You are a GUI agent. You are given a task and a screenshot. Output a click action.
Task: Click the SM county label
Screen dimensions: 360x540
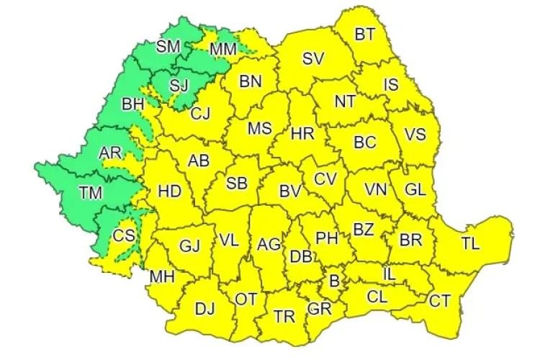(168, 47)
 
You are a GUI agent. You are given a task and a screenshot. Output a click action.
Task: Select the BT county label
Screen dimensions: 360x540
(365, 34)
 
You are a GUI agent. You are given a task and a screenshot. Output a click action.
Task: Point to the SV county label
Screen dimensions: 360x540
(312, 59)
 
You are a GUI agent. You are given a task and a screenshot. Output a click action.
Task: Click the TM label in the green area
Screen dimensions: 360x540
(90, 193)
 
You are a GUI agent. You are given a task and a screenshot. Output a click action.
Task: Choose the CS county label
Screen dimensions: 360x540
(123, 235)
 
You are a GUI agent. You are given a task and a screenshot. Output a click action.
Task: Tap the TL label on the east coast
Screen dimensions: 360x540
(469, 243)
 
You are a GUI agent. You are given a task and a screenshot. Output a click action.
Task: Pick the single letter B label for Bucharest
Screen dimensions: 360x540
(333, 280)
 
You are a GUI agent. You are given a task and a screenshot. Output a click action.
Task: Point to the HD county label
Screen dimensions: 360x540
(169, 192)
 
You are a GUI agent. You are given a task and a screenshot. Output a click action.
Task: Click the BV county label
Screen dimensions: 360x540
(289, 192)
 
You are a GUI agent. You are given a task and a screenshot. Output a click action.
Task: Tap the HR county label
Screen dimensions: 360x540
(302, 133)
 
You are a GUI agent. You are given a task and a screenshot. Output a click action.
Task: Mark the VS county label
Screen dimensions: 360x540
(415, 135)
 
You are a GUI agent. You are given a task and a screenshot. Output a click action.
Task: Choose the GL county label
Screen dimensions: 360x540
(415, 190)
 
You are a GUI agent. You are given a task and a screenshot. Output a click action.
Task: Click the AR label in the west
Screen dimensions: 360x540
(110, 153)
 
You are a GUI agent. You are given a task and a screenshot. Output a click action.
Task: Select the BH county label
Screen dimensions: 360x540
(132, 104)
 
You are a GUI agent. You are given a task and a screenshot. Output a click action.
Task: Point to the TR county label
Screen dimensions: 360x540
(284, 315)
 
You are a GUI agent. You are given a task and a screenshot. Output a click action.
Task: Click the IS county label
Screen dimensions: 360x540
(391, 84)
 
